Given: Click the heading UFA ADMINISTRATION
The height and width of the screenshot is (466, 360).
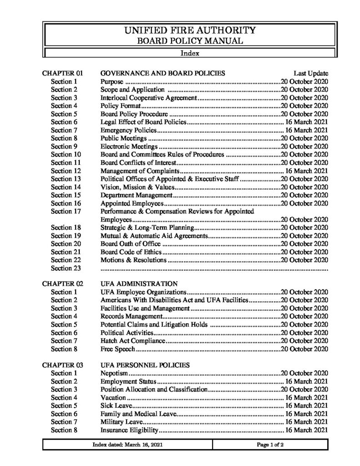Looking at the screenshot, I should tap(136, 284).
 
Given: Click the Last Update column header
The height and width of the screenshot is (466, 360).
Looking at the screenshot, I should tap(311, 73).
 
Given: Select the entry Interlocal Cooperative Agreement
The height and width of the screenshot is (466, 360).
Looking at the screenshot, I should tap(148, 97).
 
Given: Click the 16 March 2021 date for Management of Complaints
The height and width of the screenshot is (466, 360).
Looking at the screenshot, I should tap(306, 171).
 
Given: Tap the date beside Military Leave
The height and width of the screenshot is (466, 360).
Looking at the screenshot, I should tap(306, 422).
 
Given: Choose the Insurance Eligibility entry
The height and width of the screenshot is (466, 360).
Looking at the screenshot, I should tap(129, 430).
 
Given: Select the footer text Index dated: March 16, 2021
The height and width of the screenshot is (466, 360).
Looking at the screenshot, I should tap(128, 445).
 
